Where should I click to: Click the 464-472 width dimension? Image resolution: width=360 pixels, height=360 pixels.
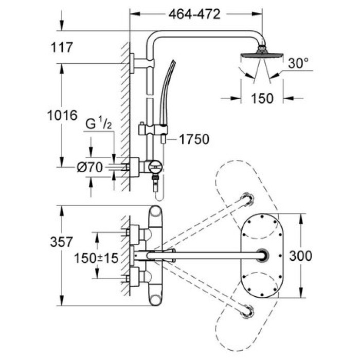[195, 14]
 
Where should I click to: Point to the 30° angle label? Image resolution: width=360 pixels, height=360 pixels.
[298, 64]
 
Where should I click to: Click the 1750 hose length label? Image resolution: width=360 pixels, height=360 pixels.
[195, 139]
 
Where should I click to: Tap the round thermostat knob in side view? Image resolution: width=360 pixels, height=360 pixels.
[156, 166]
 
